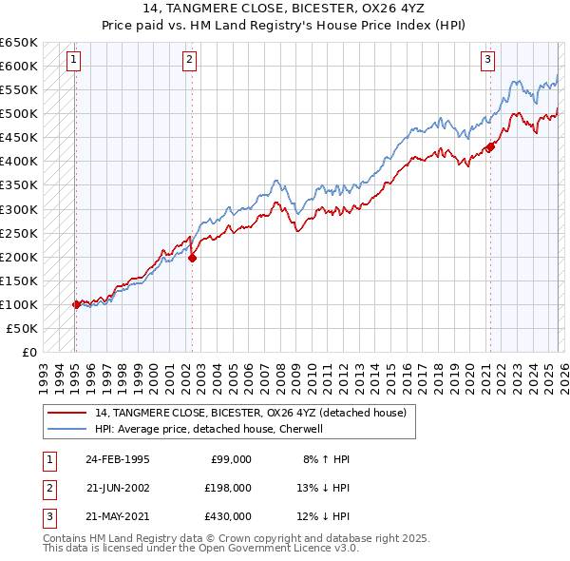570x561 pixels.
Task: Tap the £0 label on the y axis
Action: click(x=28, y=352)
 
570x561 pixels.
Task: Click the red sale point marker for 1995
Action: click(x=76, y=304)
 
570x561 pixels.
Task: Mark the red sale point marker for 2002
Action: click(x=192, y=257)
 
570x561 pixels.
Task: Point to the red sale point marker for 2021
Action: click(x=491, y=146)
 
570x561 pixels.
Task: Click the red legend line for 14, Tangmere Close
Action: click(x=67, y=413)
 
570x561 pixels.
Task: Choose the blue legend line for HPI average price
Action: click(x=67, y=429)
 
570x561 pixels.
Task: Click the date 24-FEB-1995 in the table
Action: click(x=117, y=458)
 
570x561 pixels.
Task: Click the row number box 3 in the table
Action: click(x=47, y=516)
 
